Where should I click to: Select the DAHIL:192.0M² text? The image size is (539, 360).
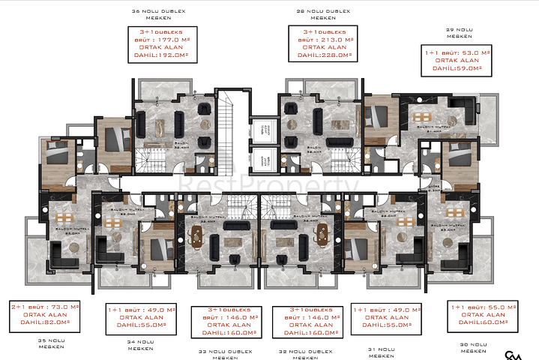pyautogui.click(x=158, y=55)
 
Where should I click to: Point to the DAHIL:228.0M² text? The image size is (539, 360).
pyautogui.click(x=322, y=55)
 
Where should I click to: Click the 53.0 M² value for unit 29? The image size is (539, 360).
pyautogui.click(x=473, y=52)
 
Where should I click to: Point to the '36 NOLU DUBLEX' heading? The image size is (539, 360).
pyautogui.click(x=157, y=11)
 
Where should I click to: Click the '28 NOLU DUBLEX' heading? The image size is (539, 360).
pyautogui.click(x=322, y=11)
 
